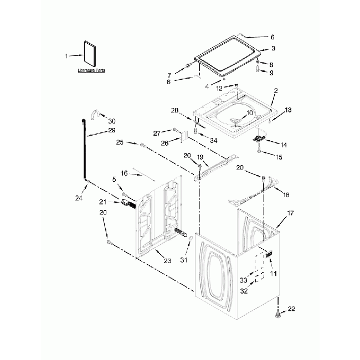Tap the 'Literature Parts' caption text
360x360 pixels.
click(x=91, y=71)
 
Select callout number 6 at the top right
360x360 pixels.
click(x=272, y=37)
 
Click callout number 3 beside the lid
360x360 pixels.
click(x=273, y=49)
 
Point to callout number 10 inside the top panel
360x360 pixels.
click(x=249, y=112)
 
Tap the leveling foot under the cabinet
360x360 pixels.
click(x=278, y=316)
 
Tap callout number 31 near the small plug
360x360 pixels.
click(x=184, y=260)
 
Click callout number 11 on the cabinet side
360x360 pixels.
click(x=272, y=274)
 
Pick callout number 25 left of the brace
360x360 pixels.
click(x=120, y=143)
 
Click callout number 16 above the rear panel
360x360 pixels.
click(x=125, y=173)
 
